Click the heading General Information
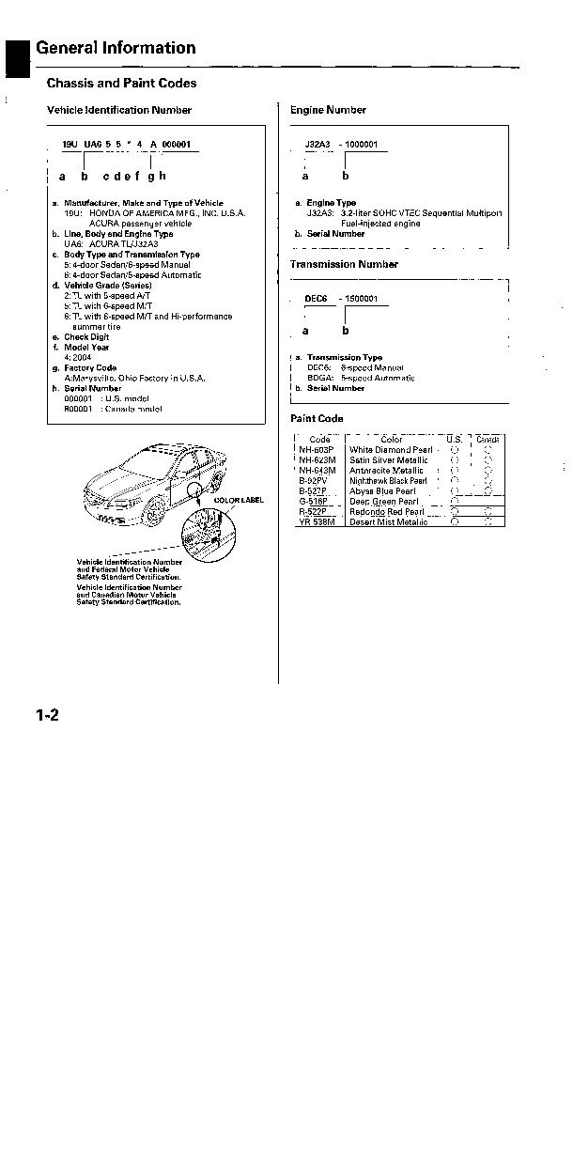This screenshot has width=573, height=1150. tap(116, 48)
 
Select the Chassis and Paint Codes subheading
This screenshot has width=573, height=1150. tap(121, 84)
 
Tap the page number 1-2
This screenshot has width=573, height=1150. tap(48, 716)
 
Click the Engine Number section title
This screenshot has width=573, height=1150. tap(328, 110)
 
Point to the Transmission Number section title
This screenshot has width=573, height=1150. tap(344, 264)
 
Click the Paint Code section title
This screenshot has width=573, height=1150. tap(317, 418)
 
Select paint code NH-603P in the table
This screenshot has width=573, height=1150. tap(317, 450)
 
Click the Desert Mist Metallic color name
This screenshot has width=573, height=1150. tap(388, 522)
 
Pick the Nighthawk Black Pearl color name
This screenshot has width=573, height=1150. tap(388, 481)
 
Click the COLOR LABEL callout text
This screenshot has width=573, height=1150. tap(239, 501)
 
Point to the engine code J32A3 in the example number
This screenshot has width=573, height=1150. tap(317, 145)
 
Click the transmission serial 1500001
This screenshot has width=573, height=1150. tap(361, 298)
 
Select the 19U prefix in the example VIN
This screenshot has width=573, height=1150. tap(70, 145)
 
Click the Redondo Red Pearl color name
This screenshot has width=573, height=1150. tap(386, 512)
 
